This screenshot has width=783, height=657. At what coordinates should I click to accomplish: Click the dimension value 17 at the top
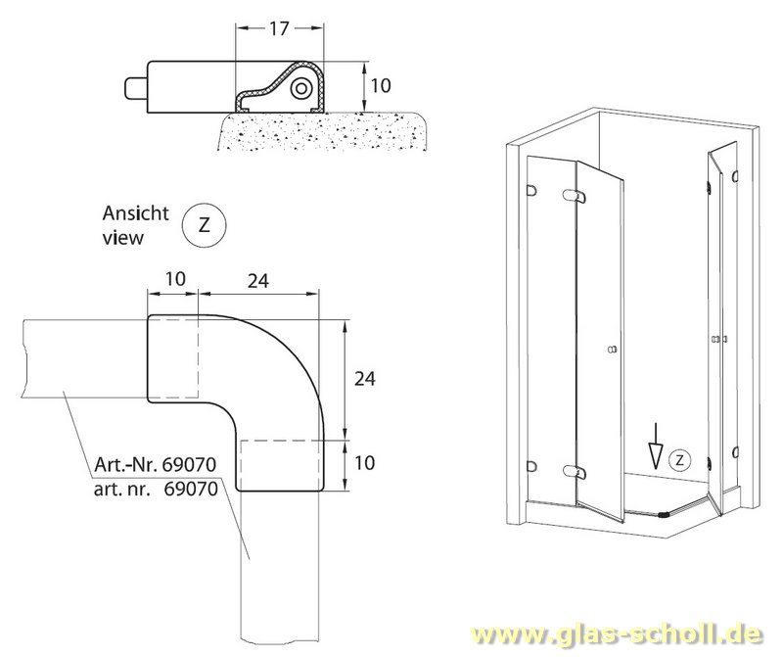coord(278,29)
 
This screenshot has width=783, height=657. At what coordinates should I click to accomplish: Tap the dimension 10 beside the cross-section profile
coord(382,86)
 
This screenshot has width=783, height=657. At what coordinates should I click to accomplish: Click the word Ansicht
coord(136,213)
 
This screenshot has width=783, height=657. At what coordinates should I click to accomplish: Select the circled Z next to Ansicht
coord(204,224)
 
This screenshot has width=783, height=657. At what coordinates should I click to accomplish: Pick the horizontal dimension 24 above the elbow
coord(258,281)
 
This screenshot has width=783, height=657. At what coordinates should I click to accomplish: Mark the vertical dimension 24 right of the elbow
coord(364,377)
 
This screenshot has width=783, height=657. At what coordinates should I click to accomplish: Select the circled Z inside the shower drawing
coord(681,458)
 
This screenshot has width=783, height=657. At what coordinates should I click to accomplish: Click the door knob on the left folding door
coord(613,350)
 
